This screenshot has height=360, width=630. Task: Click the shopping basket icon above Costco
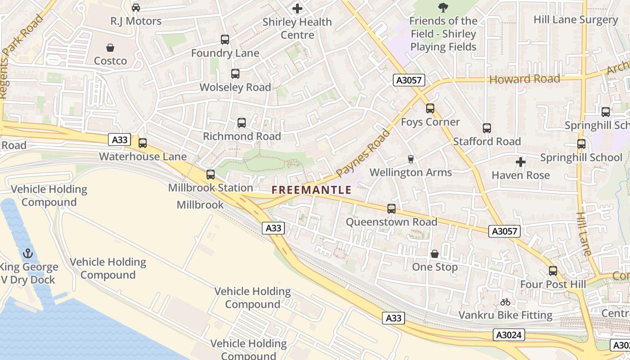click(110, 48)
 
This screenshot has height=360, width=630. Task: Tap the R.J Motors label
click(136, 21)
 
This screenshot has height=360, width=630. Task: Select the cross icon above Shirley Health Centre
click(297, 9)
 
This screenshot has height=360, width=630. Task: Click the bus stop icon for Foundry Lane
click(225, 40)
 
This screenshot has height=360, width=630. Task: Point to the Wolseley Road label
click(235, 87)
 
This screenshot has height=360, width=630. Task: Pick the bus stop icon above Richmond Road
click(242, 123)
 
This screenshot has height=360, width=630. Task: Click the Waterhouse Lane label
click(143, 157)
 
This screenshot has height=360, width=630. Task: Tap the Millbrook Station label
click(211, 188)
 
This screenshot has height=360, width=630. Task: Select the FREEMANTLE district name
click(311, 190)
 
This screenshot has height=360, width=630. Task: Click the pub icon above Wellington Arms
click(410, 159)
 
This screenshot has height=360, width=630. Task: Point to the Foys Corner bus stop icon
click(430, 108)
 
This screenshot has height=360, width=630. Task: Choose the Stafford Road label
click(487, 141)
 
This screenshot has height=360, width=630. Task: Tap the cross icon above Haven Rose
click(521, 162)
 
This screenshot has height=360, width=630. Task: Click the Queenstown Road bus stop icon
click(391, 209)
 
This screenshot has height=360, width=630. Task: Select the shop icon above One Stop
click(435, 254)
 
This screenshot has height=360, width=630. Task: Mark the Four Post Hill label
click(553, 284)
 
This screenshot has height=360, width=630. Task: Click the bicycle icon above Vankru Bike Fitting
click(505, 302)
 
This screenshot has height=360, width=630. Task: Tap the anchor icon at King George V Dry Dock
click(28, 253)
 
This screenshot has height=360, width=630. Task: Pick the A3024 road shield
click(509, 335)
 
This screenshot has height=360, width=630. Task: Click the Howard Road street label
click(525, 79)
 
